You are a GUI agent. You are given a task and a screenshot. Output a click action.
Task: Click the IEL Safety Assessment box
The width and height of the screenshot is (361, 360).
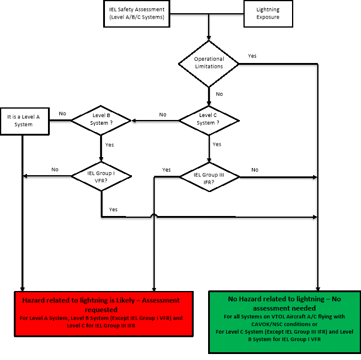(x=137, y=14)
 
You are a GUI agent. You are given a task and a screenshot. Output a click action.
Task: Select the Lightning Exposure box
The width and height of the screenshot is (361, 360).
(x=268, y=14)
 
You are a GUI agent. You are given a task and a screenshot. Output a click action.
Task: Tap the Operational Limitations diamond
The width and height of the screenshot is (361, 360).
(x=209, y=64)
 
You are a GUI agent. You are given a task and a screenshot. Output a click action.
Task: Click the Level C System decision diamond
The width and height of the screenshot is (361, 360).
(x=209, y=121)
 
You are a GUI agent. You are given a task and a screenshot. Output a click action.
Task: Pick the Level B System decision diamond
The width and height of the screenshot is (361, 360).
(x=101, y=120)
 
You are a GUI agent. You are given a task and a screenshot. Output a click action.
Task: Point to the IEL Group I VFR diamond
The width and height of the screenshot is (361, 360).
(x=101, y=176)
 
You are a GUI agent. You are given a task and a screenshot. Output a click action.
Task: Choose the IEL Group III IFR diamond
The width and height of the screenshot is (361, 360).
(x=209, y=177)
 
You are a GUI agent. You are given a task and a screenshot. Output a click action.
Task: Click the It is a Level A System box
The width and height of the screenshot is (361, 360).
(x=25, y=121)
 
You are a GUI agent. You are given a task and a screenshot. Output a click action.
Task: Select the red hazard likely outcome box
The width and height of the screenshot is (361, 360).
(x=104, y=314)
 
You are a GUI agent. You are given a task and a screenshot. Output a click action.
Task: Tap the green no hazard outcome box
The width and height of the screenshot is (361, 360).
(x=285, y=322)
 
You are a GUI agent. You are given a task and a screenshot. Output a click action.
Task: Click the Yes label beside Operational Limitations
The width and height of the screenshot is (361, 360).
(x=252, y=56)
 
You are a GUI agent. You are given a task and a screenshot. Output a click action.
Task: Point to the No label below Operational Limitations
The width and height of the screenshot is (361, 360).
(x=219, y=94)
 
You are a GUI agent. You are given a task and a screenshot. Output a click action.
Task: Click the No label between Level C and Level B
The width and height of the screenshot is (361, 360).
(x=163, y=115)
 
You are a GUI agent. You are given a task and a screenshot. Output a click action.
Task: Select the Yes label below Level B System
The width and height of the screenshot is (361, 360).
(x=110, y=145)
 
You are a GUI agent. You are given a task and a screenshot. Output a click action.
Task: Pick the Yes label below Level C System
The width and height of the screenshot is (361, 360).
(x=217, y=145)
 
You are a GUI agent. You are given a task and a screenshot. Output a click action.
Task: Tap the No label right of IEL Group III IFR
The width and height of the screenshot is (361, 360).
(x=255, y=170)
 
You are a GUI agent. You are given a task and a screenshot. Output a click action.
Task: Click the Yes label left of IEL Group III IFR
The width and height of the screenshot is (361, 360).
(x=166, y=170)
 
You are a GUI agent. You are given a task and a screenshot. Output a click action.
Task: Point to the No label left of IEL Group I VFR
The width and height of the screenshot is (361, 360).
(x=55, y=170)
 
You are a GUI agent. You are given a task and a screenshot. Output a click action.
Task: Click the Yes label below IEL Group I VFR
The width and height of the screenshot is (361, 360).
(x=113, y=209)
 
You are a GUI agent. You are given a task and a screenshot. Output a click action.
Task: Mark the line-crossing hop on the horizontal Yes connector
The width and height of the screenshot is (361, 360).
(x=154, y=215)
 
